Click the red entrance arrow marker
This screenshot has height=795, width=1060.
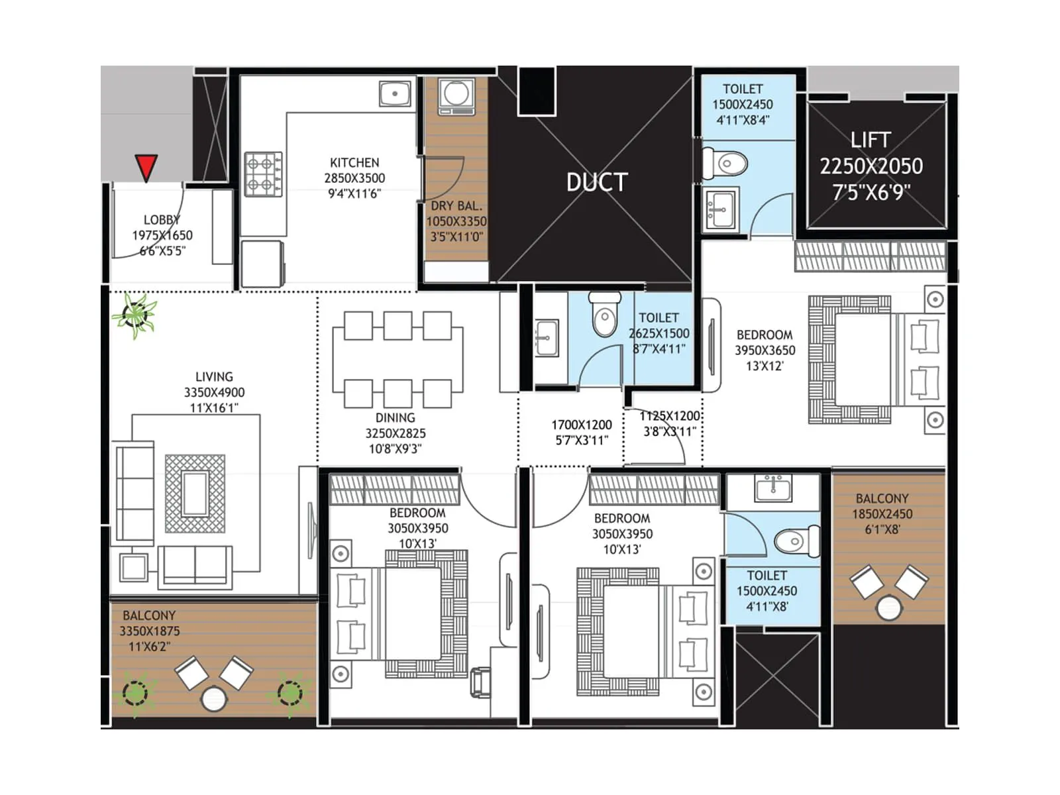[x=146, y=167]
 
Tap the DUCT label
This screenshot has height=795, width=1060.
[x=596, y=182]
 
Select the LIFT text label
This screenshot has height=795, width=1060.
[x=871, y=140]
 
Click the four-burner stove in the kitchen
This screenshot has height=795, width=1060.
[x=263, y=174]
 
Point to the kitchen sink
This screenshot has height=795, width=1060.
[x=395, y=93]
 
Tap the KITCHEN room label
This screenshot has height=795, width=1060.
[x=354, y=162]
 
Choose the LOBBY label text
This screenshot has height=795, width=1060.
[x=162, y=220]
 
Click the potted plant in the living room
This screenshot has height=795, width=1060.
[x=136, y=315]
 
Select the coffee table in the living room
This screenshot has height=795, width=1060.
[x=195, y=494]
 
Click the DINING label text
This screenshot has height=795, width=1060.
[x=395, y=418]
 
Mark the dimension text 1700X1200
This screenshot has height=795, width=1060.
[x=581, y=425]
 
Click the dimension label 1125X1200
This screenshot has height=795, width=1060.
[x=669, y=416]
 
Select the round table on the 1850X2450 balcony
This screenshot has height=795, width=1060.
[x=889, y=607]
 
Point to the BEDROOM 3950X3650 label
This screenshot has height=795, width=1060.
[x=765, y=335]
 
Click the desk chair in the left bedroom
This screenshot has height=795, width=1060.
[x=480, y=682]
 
